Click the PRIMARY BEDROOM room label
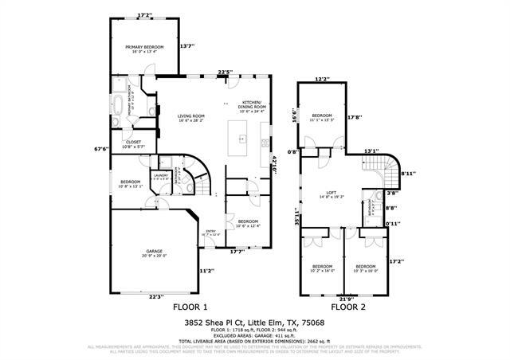(x=144, y=47)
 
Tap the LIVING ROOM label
(x=190, y=116)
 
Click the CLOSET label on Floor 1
(x=133, y=143)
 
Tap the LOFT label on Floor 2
(x=331, y=194)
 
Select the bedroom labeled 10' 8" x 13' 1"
(x=131, y=183)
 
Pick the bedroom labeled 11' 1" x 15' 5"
(x=323, y=115)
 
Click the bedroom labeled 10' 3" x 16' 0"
(x=365, y=267)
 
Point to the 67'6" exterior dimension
(x=100, y=148)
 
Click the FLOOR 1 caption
(x=190, y=307)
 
